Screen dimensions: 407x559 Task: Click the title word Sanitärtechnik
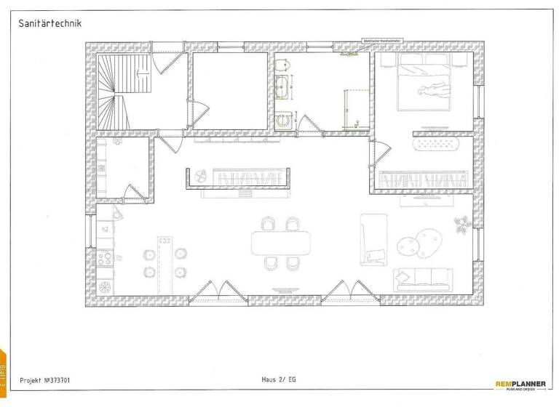(49, 23)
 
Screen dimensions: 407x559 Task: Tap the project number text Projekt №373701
(45, 379)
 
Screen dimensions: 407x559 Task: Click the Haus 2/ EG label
(279, 379)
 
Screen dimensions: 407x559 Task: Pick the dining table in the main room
(281, 243)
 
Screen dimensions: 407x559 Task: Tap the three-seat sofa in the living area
(423, 277)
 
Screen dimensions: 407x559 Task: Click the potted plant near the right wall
(462, 224)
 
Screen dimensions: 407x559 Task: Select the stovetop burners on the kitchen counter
(103, 257)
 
